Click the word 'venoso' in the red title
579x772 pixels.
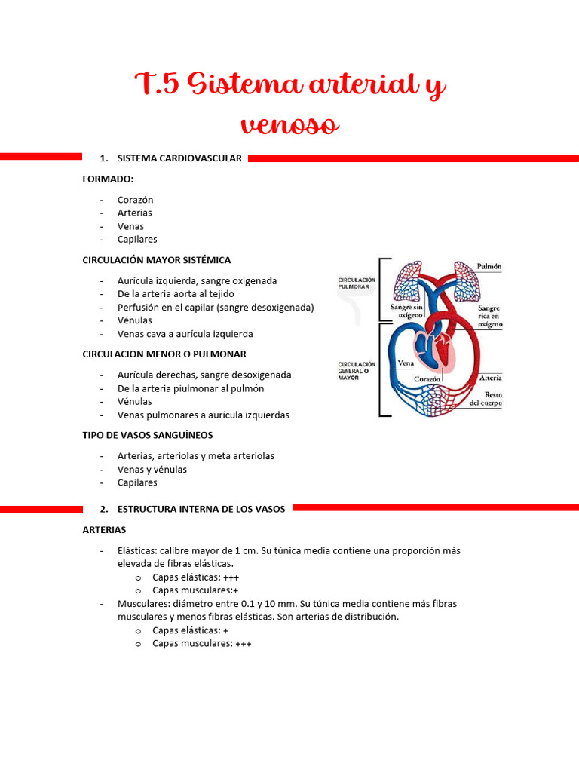[289, 124]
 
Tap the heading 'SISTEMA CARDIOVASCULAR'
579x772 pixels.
[179, 158]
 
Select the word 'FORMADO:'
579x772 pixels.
[108, 179]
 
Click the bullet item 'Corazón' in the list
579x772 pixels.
[136, 200]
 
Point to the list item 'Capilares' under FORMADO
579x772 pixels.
[137, 239]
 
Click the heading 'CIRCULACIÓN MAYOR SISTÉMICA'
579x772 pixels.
[157, 260]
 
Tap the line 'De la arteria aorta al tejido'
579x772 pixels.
[176, 294]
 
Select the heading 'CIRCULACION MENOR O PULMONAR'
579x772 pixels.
[164, 354]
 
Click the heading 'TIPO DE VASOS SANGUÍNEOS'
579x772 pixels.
[148, 435]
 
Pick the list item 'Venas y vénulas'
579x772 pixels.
[152, 470]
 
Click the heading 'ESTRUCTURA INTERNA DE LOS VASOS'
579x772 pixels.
[201, 509]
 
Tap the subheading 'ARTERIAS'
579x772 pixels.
[104, 530]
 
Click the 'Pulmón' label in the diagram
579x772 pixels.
[489, 266]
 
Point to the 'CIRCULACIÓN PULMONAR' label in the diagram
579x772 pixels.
[357, 283]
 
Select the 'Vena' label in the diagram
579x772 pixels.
[406, 363]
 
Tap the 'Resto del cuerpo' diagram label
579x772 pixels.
[486, 399]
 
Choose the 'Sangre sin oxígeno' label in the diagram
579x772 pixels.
[406, 311]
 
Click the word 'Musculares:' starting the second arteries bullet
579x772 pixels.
[143, 603]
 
